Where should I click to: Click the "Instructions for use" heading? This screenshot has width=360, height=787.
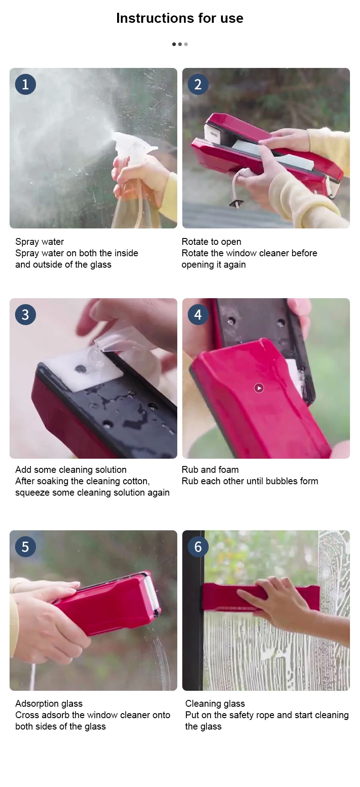tap(180, 18)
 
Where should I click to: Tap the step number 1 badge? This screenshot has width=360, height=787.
tap(26, 84)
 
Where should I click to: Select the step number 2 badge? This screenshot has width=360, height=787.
tap(198, 84)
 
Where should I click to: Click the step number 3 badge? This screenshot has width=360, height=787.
tap(26, 314)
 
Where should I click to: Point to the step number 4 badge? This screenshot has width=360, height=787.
tap(198, 314)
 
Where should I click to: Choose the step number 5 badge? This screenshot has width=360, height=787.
tap(26, 546)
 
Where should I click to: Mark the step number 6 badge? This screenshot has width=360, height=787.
tap(198, 546)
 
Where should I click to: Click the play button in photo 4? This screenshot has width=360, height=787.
tap(259, 388)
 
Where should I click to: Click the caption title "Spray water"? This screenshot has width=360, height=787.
tap(40, 242)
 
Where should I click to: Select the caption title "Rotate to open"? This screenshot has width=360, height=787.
tap(211, 242)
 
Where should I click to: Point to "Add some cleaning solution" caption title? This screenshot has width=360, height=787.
tap(71, 470)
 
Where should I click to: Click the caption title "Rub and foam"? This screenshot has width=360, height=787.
tap(210, 470)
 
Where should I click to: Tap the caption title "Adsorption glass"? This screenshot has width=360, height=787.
tap(49, 704)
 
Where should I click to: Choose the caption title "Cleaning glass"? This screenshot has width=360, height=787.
tap(215, 704)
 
